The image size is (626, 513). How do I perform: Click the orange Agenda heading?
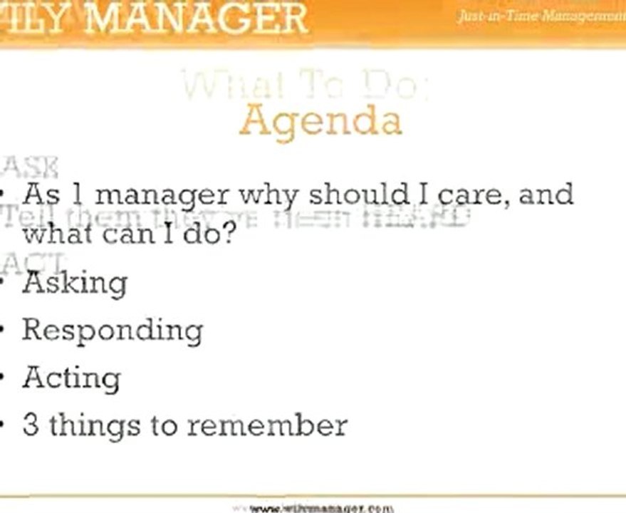320,120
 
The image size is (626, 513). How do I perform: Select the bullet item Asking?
75,283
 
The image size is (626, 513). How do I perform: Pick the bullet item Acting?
71,378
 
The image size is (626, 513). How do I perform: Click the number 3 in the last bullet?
31,425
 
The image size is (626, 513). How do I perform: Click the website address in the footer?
321,508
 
